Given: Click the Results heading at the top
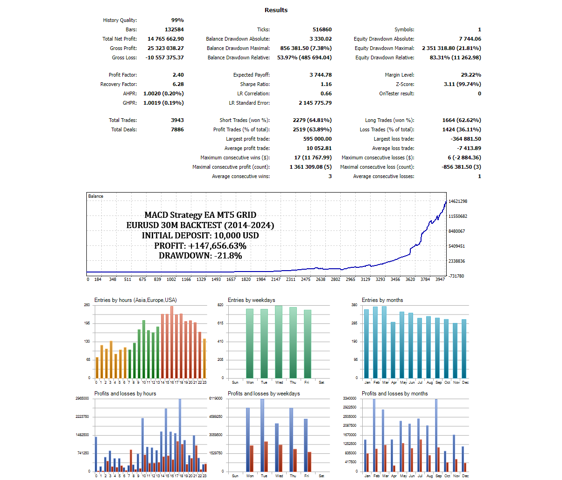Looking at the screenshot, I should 276,10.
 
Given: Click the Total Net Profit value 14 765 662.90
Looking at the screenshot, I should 166,39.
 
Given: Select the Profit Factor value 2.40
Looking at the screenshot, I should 178,75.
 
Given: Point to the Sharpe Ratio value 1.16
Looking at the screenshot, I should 326,84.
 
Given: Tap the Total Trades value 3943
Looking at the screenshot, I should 177,120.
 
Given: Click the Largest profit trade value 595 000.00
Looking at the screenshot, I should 317,139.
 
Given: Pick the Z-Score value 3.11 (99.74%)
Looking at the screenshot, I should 462,84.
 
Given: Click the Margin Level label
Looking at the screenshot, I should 400,75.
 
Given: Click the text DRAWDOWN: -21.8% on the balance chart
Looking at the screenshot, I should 200,256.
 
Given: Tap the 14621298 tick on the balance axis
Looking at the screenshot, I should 457,201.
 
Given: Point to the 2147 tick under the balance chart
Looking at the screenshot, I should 276,279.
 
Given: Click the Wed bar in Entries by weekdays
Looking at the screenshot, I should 279,342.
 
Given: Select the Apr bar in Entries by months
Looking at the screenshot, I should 393,350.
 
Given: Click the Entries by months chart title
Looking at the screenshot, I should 382,300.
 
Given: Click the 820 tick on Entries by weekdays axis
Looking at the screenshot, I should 220,305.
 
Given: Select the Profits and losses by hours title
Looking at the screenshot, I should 125,394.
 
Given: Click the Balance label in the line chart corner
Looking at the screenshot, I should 96,196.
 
